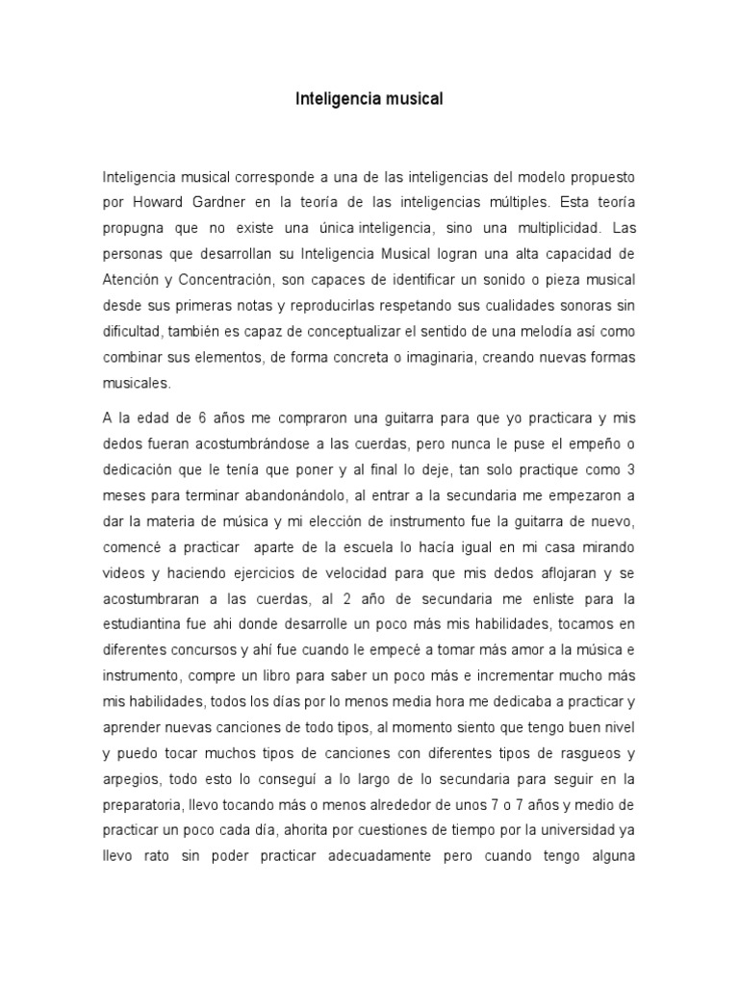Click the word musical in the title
413,98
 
